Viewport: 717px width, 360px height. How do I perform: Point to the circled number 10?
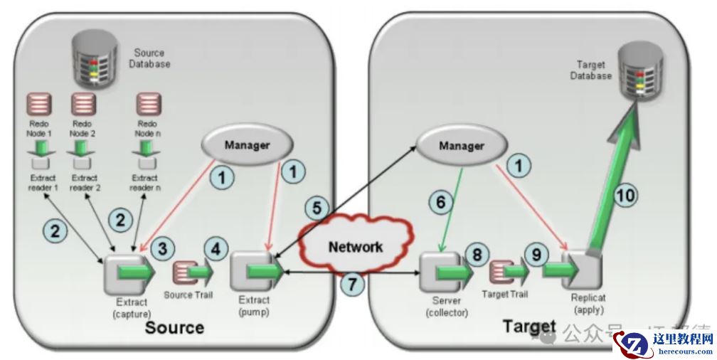coord(627,194)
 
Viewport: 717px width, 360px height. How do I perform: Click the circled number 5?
coord(317,208)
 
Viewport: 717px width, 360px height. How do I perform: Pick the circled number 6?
coord(440,202)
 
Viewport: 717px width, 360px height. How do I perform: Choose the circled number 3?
coord(164,248)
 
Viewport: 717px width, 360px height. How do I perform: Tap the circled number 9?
coord(536,254)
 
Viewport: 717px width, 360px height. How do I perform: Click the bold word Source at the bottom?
coord(174,327)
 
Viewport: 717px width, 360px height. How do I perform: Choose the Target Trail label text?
coord(504,293)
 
